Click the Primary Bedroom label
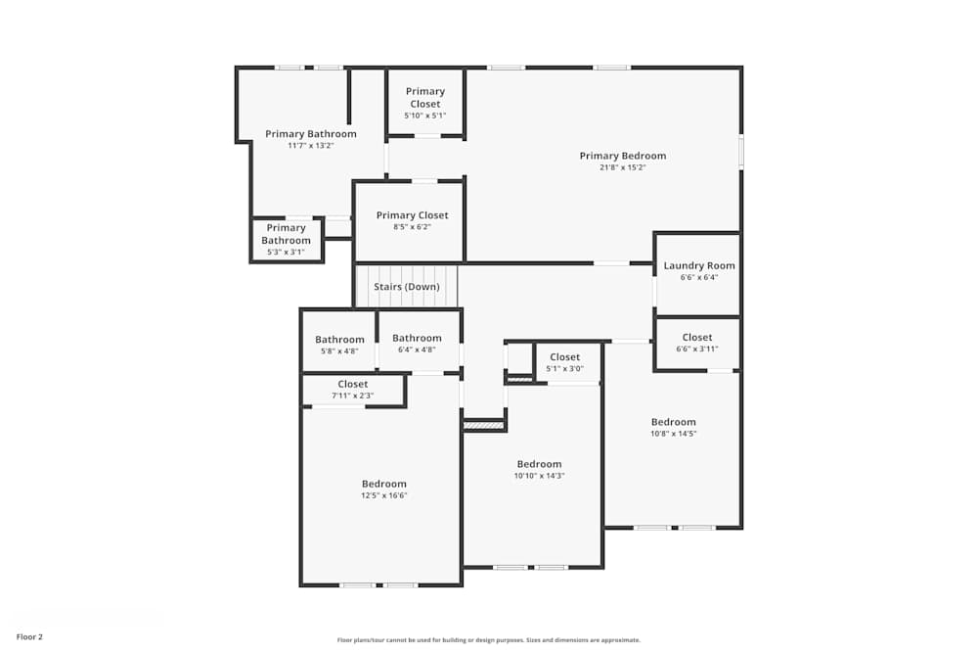[x=622, y=156]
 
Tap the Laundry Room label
[x=698, y=265]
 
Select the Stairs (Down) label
[x=407, y=287]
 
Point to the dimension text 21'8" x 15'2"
[x=622, y=167]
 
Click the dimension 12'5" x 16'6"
[x=383, y=495]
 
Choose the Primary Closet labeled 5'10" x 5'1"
[x=424, y=98]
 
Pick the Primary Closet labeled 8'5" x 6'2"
[x=412, y=215]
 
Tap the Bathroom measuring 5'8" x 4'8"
[x=339, y=340]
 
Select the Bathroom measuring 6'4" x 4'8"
[x=418, y=338]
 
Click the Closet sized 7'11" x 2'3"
[x=353, y=385]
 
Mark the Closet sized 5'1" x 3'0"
[x=564, y=357]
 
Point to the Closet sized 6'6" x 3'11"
[x=697, y=338]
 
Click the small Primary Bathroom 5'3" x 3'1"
[x=286, y=234]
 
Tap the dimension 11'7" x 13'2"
[x=310, y=146]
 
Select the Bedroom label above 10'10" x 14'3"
[x=539, y=464]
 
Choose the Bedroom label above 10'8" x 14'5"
[x=674, y=422]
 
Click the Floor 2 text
[x=29, y=636]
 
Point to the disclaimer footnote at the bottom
[x=489, y=640]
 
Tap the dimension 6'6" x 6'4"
[x=698, y=277]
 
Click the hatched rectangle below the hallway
[x=483, y=426]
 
